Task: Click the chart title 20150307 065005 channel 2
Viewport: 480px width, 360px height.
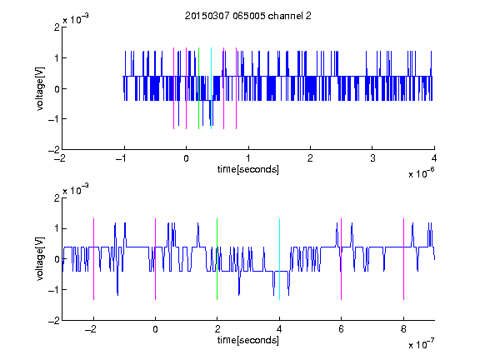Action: tap(248, 16)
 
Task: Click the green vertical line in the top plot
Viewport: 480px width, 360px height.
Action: tap(198, 88)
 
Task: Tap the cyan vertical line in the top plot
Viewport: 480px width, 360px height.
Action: tap(211, 88)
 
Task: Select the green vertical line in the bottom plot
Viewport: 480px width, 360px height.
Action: tap(217, 259)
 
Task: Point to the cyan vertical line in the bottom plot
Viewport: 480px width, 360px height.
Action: tap(279, 259)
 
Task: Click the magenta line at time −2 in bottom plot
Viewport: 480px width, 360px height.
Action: tap(93, 259)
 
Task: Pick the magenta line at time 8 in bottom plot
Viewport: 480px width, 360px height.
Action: tap(404, 259)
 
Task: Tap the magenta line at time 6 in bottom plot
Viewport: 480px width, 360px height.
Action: tap(342, 259)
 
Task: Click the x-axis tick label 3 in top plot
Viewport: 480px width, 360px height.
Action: tap(372, 158)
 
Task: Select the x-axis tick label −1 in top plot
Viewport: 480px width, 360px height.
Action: tap(122, 158)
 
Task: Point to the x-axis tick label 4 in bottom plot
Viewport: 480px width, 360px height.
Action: tap(279, 329)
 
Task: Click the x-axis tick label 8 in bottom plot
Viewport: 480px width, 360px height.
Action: tap(403, 329)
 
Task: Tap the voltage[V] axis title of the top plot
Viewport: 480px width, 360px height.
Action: tap(40, 88)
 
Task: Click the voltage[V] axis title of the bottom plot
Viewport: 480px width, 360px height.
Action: tap(40, 258)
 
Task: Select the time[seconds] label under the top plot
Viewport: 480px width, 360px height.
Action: tap(248, 169)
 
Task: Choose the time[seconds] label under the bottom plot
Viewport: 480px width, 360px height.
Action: tap(248, 340)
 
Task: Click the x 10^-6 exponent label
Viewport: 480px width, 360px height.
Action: tap(421, 173)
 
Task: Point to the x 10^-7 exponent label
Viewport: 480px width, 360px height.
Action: tap(421, 344)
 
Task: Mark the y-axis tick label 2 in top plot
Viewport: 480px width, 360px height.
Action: tap(57, 27)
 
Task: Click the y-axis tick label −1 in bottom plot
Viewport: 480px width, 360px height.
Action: tap(54, 290)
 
